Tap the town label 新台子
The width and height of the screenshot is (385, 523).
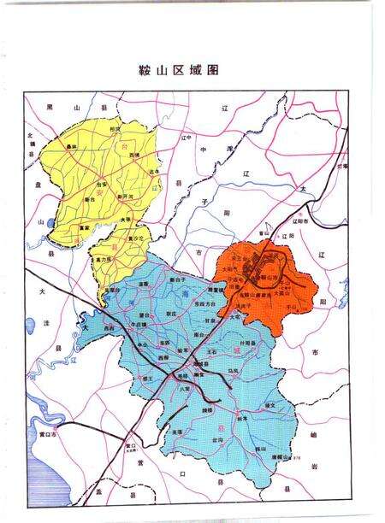[x=177, y=279]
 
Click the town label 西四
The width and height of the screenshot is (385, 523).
[x=109, y=327]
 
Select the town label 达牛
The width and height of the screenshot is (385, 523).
[x=154, y=173]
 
